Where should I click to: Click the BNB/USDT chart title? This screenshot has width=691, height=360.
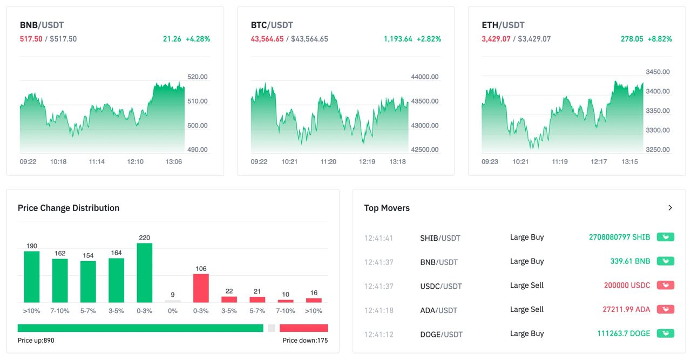(42, 25)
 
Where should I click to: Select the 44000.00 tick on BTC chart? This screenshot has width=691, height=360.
(424, 77)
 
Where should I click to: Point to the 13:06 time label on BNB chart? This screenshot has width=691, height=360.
(173, 161)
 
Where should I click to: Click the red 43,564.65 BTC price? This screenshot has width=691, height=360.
(267, 39)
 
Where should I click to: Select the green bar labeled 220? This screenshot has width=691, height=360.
(144, 273)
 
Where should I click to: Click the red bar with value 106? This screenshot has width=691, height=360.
(201, 288)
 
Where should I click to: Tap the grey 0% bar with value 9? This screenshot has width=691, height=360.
(173, 301)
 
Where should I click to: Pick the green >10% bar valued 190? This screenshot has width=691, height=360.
(32, 276)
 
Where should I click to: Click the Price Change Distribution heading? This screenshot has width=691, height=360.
(69, 208)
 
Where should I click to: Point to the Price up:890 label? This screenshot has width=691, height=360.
(36, 341)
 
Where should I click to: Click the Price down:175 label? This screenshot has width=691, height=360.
(305, 341)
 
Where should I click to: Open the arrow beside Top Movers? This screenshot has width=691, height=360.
(670, 208)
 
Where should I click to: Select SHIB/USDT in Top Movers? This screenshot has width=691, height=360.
(440, 238)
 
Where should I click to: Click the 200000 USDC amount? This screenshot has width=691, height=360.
(627, 285)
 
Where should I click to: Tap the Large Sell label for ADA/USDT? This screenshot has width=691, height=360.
(526, 309)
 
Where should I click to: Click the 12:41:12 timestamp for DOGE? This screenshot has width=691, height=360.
(378, 334)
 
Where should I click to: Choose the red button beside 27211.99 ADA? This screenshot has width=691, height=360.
(665, 309)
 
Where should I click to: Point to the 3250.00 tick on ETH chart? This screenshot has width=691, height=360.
(658, 150)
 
